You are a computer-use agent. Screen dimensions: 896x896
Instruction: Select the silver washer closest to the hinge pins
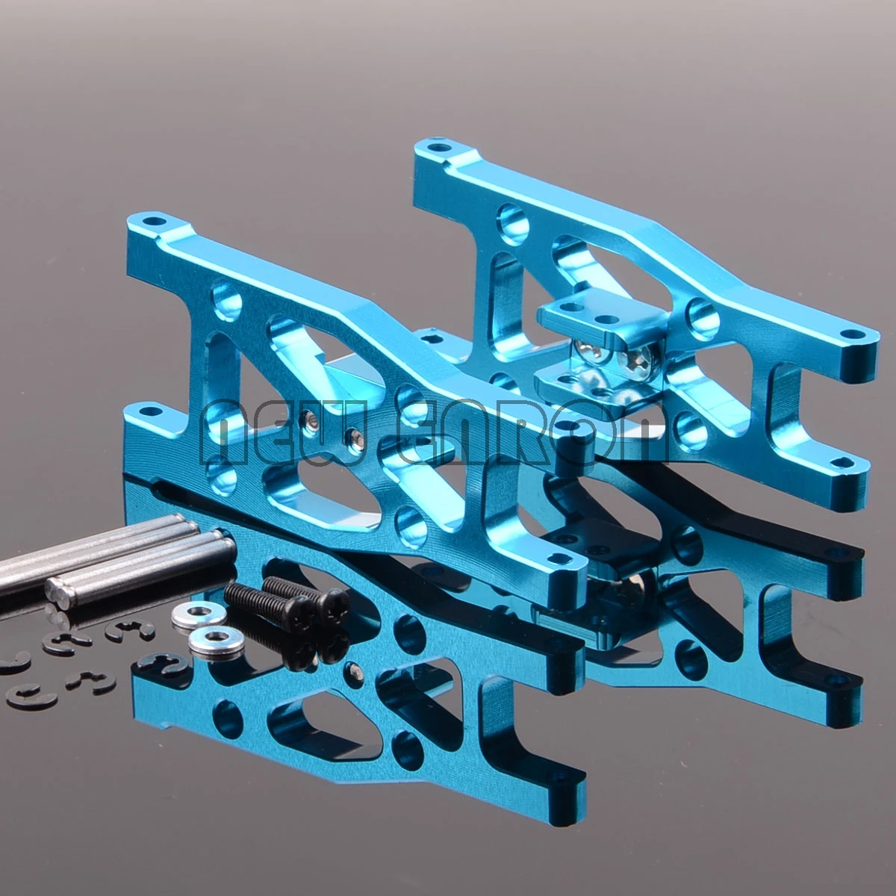[189, 617]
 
